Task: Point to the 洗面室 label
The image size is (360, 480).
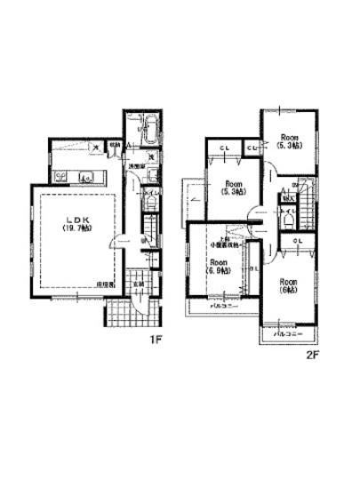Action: pos(136,166)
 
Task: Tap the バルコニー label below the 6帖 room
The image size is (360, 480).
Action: pos(287,336)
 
